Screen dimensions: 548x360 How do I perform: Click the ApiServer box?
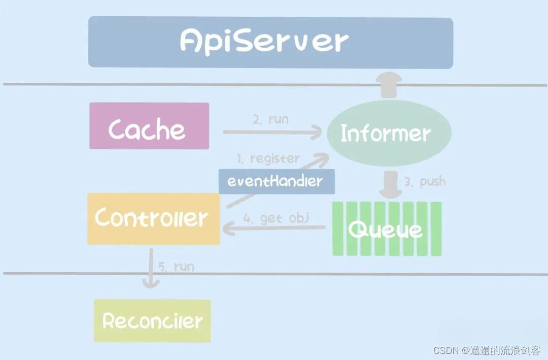pos(270,43)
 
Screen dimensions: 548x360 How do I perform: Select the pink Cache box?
pos(149,126)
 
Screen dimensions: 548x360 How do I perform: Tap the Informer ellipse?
pos(389,133)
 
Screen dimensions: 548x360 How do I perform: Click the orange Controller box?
pos(153,219)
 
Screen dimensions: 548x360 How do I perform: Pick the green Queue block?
pos(387,229)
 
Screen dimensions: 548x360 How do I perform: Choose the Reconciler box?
pos(152,321)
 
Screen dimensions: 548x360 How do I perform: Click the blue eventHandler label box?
pos(277,182)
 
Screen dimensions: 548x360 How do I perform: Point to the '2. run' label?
pos(271,119)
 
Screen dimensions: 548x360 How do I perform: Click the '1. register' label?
pos(268,158)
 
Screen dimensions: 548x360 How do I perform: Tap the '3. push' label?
pos(425,181)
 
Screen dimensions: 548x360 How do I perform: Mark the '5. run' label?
pos(176,266)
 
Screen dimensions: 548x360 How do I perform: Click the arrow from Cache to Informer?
pos(272,133)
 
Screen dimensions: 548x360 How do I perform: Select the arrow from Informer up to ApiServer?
pos(389,84)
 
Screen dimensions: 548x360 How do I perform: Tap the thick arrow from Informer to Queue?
pos(390,184)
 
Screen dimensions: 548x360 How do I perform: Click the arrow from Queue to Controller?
pos(274,229)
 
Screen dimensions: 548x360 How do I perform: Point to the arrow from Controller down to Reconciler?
pos(151,269)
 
